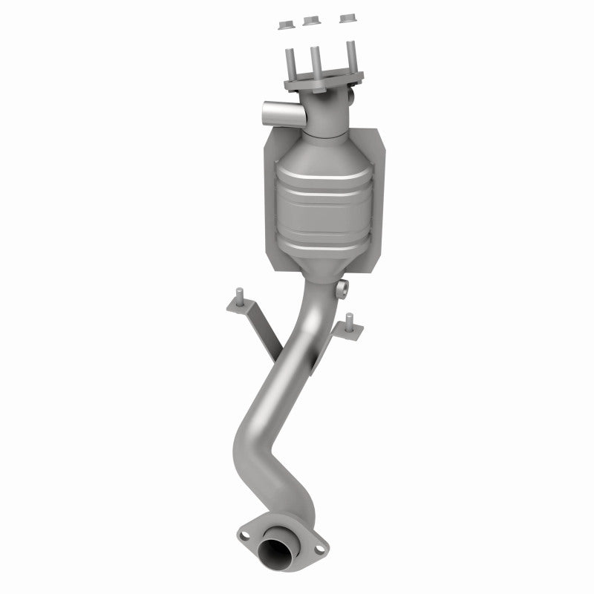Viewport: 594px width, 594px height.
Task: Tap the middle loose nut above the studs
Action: click(x=313, y=22)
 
